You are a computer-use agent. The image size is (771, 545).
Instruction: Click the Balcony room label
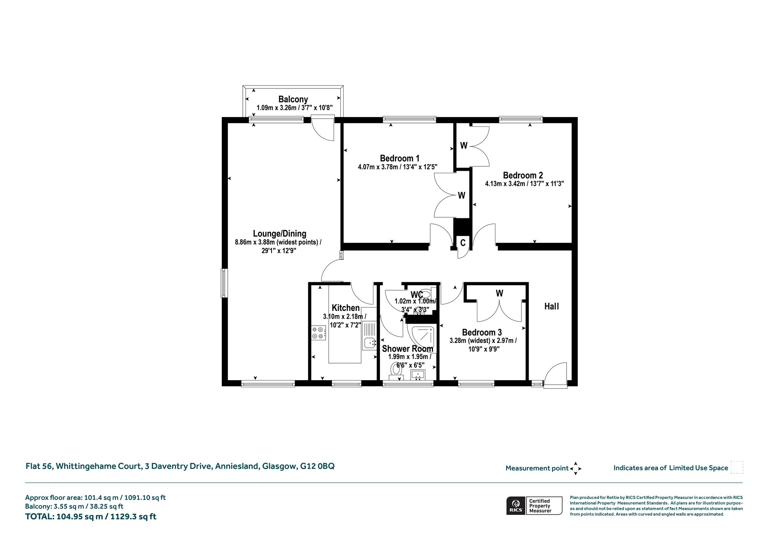pyautogui.click(x=293, y=99)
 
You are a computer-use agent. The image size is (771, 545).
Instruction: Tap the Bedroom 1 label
pyautogui.click(x=399, y=158)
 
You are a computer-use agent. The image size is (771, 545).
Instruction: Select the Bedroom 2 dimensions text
pyautogui.click(x=524, y=184)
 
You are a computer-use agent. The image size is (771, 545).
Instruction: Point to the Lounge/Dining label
pyautogui.click(x=279, y=233)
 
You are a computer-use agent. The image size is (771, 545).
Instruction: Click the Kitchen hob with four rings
pyautogui.click(x=318, y=333)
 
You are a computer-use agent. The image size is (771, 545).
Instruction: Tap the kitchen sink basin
pyautogui.click(x=107, y=343)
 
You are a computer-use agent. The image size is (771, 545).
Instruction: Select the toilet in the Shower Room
pyautogui.click(x=396, y=371)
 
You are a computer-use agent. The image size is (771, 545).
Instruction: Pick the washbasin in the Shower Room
pyautogui.click(x=418, y=375)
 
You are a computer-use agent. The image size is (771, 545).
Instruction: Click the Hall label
pyautogui.click(x=552, y=306)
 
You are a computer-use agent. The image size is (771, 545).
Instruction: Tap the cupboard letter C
pyautogui.click(x=463, y=243)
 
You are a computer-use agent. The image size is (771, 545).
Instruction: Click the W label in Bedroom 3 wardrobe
pyautogui.click(x=499, y=293)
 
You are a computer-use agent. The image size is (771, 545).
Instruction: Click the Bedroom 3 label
pyautogui.click(x=482, y=332)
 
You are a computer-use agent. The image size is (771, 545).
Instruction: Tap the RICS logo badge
pyautogui.click(x=516, y=505)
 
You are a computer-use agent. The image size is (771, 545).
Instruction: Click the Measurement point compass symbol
pyautogui.click(x=576, y=469)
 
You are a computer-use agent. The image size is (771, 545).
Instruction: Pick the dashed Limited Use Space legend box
pyautogui.click(x=737, y=467)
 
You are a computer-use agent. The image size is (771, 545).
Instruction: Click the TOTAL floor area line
pyautogui.click(x=91, y=516)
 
